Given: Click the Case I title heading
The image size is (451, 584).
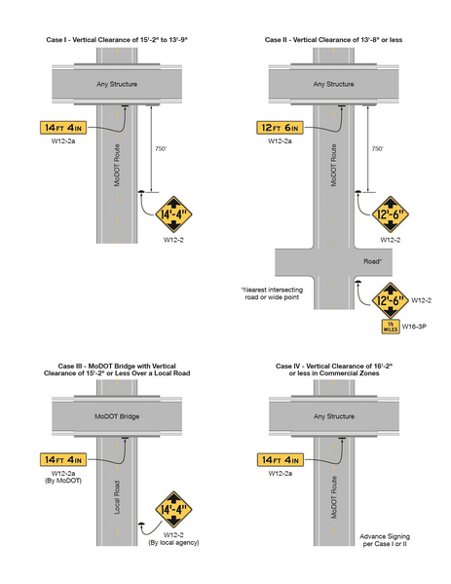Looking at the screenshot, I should click(x=117, y=40).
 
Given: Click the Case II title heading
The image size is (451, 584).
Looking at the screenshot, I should click(x=334, y=40).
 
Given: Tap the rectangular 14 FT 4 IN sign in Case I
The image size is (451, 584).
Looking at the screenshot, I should click(x=65, y=128).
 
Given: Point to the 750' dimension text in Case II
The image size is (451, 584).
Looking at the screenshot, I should click(x=376, y=149).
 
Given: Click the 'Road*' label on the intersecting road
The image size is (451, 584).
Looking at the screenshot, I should click(x=370, y=260).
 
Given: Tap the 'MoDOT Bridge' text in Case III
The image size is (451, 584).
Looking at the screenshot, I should click(x=116, y=415).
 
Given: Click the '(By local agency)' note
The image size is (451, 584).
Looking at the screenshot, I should click(x=173, y=544).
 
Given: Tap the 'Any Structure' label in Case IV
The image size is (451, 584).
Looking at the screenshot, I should click(x=334, y=415).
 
